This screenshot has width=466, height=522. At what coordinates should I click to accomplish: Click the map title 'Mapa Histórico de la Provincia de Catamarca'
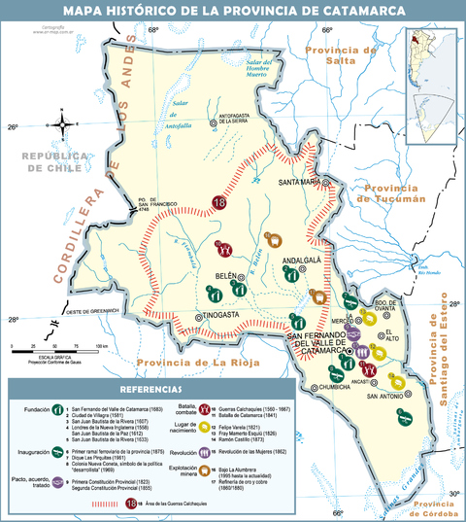[x=232, y=11]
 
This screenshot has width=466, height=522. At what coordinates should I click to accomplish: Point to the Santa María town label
[x=302, y=182]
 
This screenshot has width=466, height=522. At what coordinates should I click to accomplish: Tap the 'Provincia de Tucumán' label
[x=392, y=193]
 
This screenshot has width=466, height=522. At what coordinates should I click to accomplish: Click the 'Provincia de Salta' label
[x=340, y=54]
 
